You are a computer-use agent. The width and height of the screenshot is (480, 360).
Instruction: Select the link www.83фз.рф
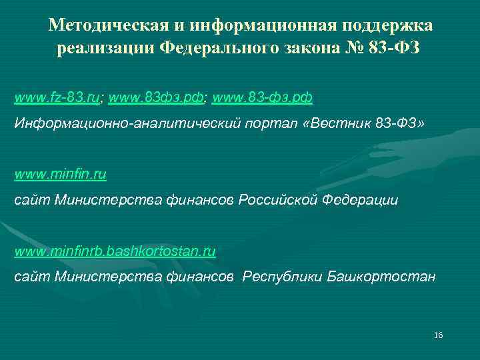click(157, 98)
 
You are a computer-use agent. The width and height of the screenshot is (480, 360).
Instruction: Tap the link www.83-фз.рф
click(263, 98)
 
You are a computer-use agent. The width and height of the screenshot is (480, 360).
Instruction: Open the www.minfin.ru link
click(61, 175)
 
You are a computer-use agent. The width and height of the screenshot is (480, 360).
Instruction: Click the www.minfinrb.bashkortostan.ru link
click(115, 252)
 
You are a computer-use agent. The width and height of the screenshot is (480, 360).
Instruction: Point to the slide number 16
click(438, 334)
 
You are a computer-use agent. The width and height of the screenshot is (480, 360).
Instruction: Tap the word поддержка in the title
click(387, 26)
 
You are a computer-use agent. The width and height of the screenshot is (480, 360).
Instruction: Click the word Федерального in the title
click(223, 49)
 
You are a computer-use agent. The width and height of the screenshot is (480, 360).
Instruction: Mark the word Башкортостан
click(382, 276)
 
